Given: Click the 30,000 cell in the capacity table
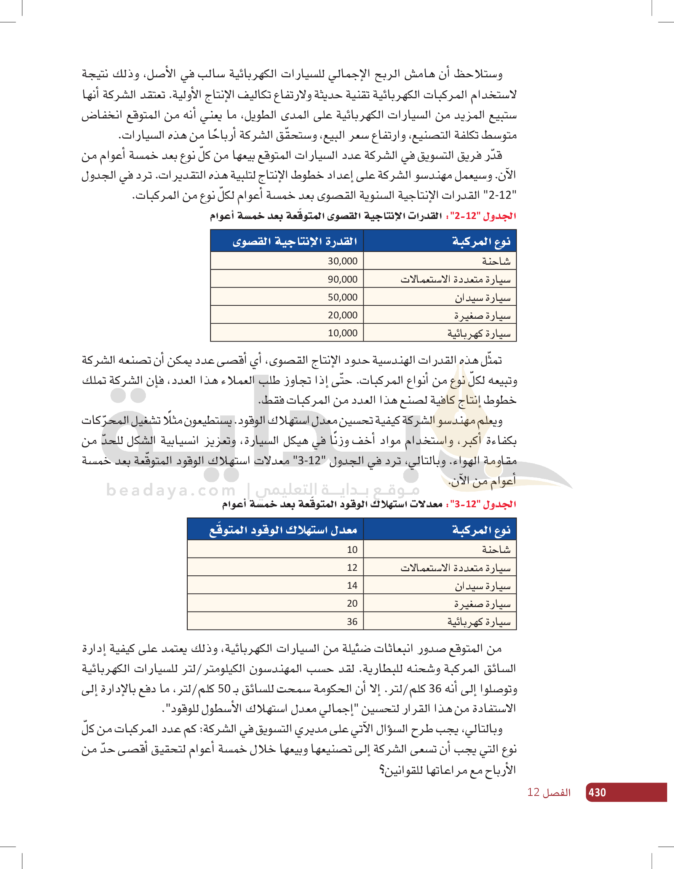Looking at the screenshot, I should coord(342,261).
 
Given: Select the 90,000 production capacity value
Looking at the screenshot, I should coord(342,279).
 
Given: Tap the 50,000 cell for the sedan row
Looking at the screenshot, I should coord(342,297).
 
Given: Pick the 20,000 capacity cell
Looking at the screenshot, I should coord(342,315).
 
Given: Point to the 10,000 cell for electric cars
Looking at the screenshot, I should coord(342,333).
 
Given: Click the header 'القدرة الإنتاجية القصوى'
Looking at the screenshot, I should coord(295,241).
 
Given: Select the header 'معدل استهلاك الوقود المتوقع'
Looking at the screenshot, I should coord(283,530).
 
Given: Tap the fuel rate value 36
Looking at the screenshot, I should coord(352,621).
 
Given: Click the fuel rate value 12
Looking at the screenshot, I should coord(352,567).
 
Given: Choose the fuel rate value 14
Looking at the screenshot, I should coord(352,585).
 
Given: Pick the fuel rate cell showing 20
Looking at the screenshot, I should coord(352,603).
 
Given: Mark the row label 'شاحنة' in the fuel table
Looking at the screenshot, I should coord(496,550).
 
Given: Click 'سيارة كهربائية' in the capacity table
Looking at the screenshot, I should coord(479,334).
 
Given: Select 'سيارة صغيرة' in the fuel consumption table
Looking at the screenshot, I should coord(482,604).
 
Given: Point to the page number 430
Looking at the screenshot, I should coord(597,792).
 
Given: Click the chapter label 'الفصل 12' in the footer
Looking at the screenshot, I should coord(549,792).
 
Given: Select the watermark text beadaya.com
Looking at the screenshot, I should coord(171,490).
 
